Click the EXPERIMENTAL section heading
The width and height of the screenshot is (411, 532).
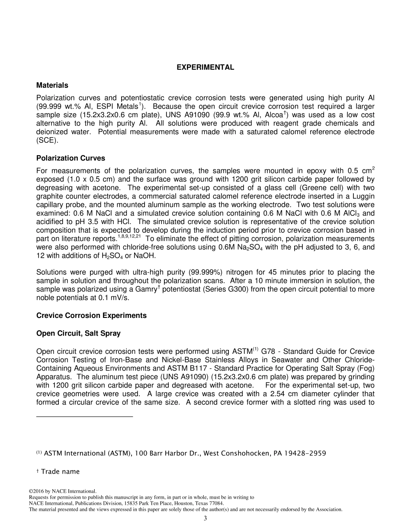pos(205,67)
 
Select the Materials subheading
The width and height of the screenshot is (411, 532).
pos(52,85)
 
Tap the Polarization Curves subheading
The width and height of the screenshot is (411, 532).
pos(71,158)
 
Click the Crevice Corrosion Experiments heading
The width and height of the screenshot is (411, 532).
pos(91,315)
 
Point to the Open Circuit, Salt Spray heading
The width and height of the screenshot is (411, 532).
pos(78,333)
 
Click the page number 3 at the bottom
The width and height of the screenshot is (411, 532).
pos(205,518)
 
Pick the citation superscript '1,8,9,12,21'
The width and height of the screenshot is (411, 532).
pos(129,237)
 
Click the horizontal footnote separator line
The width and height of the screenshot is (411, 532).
pos(84,417)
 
